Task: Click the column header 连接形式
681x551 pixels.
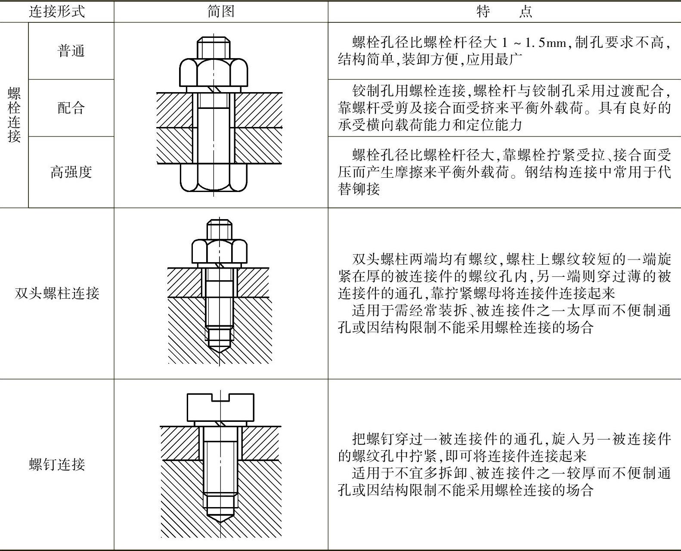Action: (x=57, y=11)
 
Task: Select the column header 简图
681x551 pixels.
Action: (x=221, y=11)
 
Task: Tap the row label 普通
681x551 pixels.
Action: (x=71, y=51)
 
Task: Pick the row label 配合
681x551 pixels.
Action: (x=71, y=108)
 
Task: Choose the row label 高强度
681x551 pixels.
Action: (x=71, y=172)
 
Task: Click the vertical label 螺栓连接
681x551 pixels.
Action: (x=14, y=115)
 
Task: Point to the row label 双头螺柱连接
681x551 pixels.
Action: (x=57, y=293)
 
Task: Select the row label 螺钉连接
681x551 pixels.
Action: (x=57, y=464)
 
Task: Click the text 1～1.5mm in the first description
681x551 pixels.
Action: (x=533, y=42)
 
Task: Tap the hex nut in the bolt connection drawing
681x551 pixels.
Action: (x=214, y=72)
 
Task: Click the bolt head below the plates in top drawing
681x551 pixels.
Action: (x=214, y=177)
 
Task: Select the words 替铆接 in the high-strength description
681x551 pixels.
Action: (x=359, y=189)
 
